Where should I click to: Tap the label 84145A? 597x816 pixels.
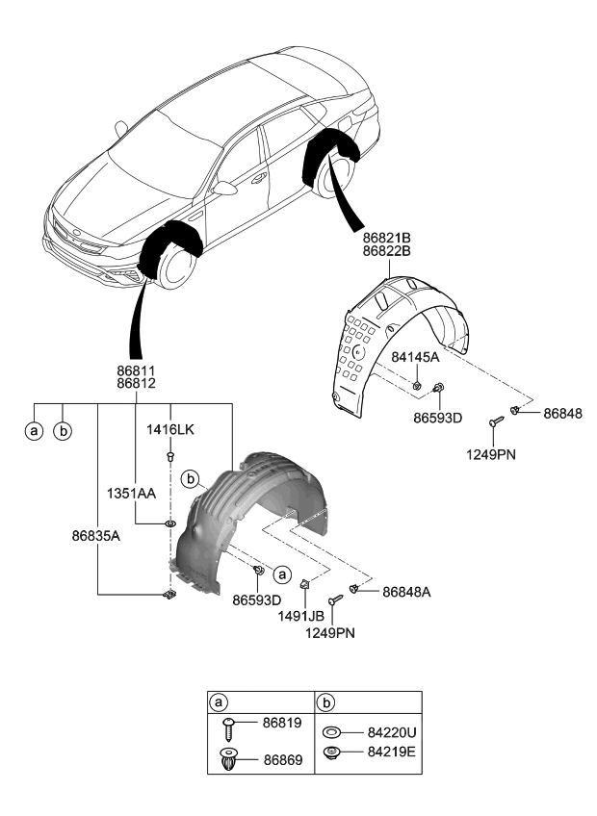(x=415, y=357)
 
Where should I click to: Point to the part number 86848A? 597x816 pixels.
(x=406, y=593)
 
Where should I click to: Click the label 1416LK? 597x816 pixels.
(x=169, y=429)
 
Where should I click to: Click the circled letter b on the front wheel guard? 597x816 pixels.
(x=191, y=477)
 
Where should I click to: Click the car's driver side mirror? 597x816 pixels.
(x=225, y=188)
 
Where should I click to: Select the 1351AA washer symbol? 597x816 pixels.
(x=169, y=523)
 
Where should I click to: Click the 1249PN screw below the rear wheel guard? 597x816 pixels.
(x=494, y=421)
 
